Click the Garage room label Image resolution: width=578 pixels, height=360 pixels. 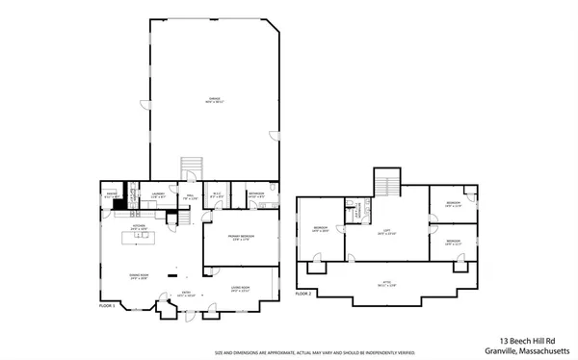point(213,98)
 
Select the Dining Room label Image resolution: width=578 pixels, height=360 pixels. point(138,276)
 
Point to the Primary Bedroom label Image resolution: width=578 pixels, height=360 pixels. point(240,238)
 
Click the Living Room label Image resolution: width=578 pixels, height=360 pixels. point(240,288)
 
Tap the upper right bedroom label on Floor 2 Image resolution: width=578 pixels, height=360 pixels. point(453,204)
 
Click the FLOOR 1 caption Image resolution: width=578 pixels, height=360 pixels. point(107,305)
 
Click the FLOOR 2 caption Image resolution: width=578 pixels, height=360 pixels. point(303,292)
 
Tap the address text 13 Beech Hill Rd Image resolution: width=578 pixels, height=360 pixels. point(534,339)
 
